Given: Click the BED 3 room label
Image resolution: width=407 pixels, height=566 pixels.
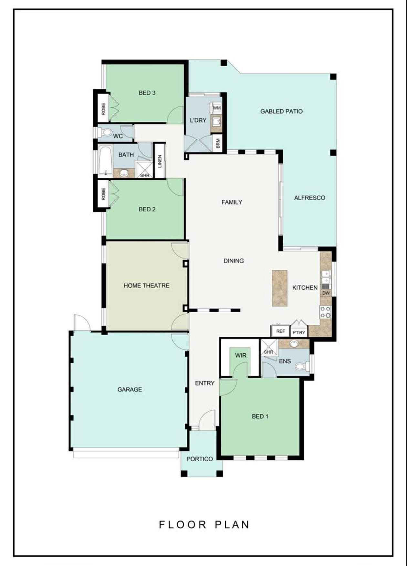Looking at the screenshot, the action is (147, 93).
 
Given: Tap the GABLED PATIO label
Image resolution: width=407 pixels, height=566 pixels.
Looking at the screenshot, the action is (281, 111).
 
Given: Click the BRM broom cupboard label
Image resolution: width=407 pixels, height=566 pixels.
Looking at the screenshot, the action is (218, 143).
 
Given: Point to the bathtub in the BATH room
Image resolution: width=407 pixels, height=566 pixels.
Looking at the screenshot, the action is (105, 160).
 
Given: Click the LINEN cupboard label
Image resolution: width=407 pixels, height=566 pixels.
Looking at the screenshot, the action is (160, 161).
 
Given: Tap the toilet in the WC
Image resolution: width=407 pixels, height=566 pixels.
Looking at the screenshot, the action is (105, 132).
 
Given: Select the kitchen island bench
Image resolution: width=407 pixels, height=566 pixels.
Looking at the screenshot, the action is (280, 288).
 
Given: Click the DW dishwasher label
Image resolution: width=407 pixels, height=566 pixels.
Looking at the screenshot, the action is (326, 293).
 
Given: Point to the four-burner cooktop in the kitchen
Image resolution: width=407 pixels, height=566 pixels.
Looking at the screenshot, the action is (326, 312).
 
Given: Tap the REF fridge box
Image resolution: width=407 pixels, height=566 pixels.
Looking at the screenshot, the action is (280, 331).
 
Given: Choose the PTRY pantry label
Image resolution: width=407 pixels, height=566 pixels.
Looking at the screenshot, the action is (299, 332).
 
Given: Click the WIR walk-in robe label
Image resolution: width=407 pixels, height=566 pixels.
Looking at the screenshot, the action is (241, 355).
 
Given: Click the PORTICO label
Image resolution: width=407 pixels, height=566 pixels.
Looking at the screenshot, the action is (200, 459).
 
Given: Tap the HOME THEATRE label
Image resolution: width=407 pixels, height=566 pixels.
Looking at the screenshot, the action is (147, 286).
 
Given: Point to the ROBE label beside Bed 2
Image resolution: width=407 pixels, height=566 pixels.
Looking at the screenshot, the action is (103, 194).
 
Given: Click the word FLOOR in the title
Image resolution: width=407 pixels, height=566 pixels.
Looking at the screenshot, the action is (183, 525).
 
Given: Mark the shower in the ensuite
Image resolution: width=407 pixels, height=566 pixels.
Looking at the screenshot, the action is (269, 348).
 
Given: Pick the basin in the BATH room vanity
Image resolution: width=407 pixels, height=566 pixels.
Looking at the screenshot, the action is (124, 173).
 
